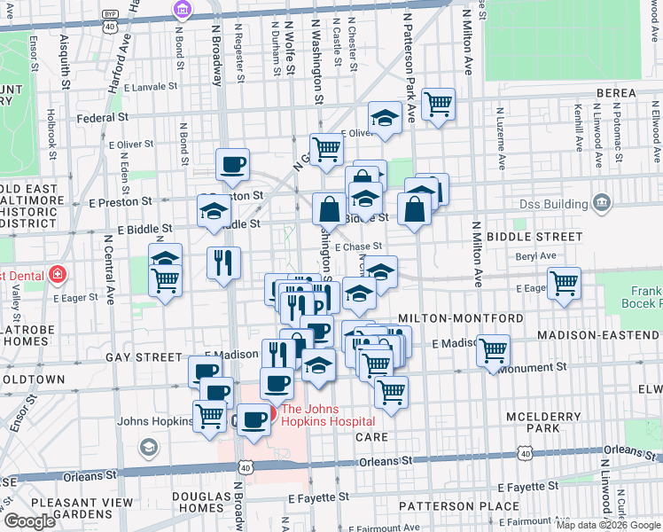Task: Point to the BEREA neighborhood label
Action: click(x=617, y=93)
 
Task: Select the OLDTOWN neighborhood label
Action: click(x=33, y=379)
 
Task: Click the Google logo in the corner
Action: click(x=30, y=521)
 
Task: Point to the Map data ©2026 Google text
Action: click(x=608, y=525)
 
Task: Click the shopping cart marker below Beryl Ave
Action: click(x=564, y=284)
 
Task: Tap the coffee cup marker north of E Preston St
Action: click(x=232, y=164)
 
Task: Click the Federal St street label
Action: click(x=103, y=117)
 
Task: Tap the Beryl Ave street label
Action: click(x=535, y=255)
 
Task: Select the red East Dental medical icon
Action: click(x=58, y=274)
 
